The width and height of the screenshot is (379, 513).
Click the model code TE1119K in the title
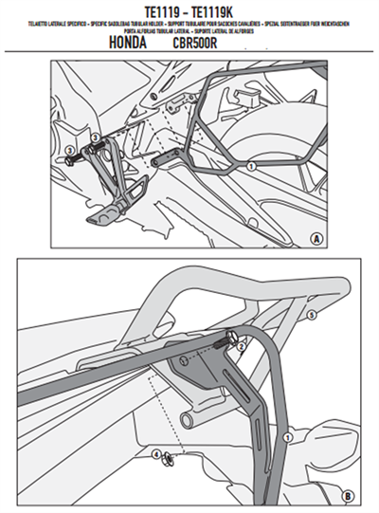(x=227, y=9)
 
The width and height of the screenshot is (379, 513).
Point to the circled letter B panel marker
(x=346, y=494)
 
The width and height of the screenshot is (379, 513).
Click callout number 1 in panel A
(x=250, y=166)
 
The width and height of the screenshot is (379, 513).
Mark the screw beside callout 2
(x=230, y=337)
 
